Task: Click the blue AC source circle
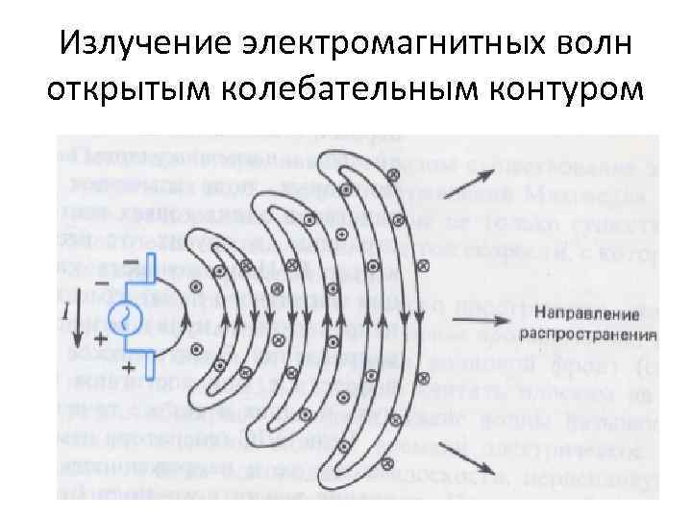[x=126, y=318]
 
